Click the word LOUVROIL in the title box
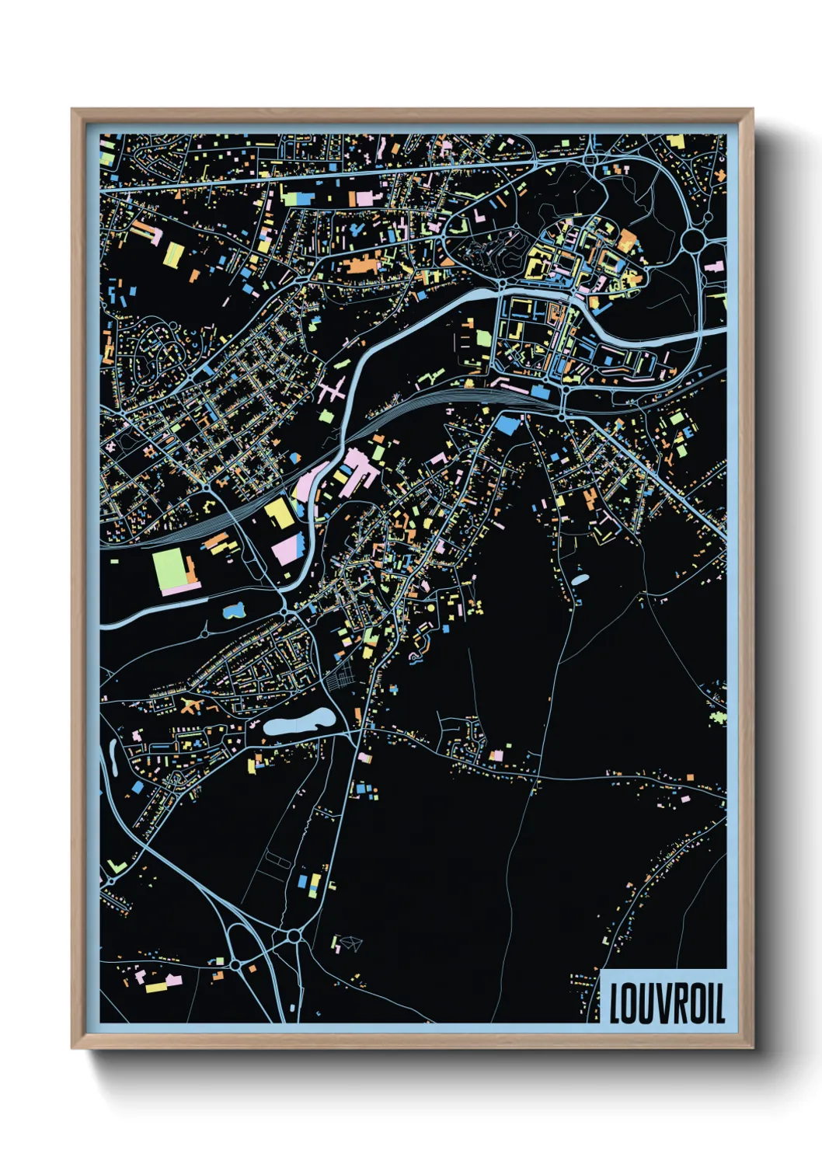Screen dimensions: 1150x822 tap(666, 1003)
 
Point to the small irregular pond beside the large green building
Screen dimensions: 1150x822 tap(233, 611)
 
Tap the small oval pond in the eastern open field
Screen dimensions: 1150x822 tap(580, 579)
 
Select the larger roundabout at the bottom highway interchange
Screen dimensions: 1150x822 tap(293, 937)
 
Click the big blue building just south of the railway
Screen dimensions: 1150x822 tap(508, 424)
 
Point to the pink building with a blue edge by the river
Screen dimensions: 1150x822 tap(285, 549)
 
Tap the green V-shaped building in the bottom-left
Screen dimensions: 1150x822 tap(116, 866)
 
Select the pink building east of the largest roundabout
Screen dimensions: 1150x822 tap(713, 267)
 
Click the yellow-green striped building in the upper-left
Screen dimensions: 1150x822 tap(174, 253)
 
